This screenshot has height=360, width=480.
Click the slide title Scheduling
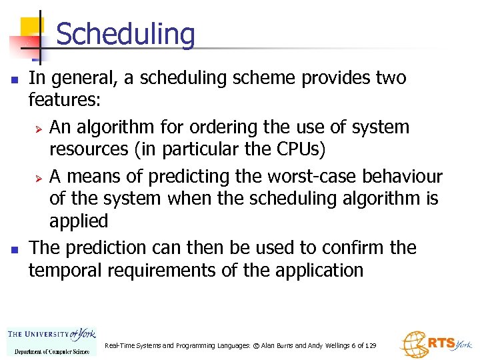[125, 35]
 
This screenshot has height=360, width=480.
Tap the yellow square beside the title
[31, 27]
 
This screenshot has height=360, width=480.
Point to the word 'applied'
[78, 221]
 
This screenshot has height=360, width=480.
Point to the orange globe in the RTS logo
[414, 343]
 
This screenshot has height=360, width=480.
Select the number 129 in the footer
[370, 345]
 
